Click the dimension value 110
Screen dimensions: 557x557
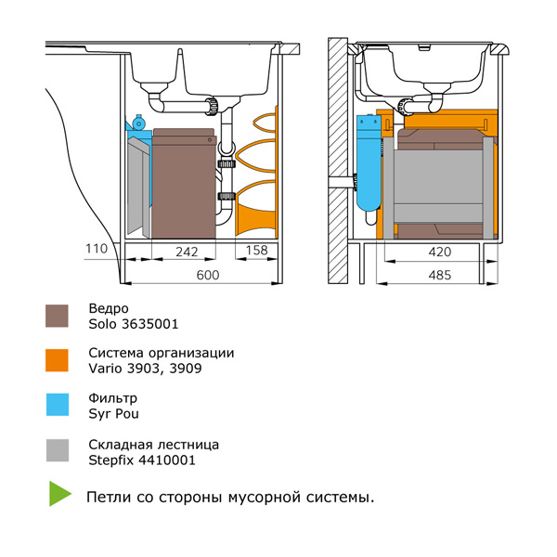point(96,250)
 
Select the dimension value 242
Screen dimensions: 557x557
point(188,250)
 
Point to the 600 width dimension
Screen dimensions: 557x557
point(208,275)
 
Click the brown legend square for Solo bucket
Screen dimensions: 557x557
point(58,316)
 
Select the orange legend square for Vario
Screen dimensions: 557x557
point(58,360)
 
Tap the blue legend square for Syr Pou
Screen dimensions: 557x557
point(58,405)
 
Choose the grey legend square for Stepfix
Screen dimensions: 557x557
point(58,450)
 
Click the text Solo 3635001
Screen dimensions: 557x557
point(134,325)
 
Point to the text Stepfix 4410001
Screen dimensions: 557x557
point(142,460)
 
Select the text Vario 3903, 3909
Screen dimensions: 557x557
point(146,369)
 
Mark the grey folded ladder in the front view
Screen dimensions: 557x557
point(137,186)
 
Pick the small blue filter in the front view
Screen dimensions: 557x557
point(136,123)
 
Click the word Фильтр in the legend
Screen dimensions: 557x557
point(113,397)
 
